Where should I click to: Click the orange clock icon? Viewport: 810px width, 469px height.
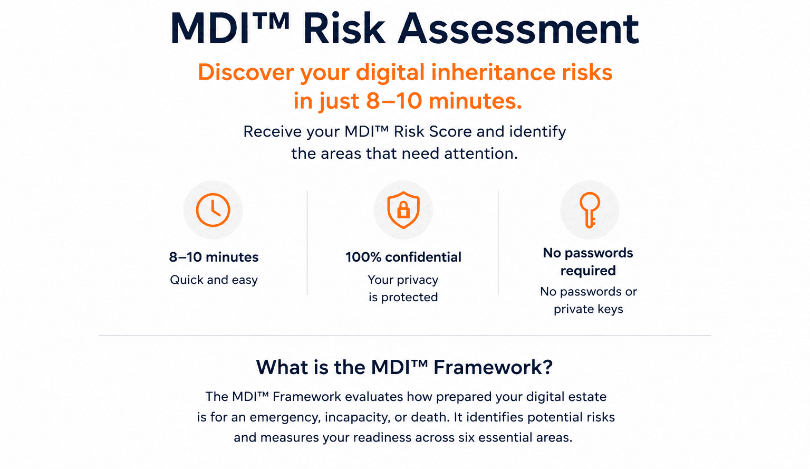point(213,210)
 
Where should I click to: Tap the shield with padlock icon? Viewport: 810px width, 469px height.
point(403,210)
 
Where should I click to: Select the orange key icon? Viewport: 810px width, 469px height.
point(590,210)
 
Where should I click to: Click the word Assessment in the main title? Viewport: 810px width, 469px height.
point(518,29)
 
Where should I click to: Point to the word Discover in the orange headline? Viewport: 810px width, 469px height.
point(246,72)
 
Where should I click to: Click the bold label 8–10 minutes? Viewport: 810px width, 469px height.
point(214,257)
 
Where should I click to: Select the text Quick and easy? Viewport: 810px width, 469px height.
point(214,280)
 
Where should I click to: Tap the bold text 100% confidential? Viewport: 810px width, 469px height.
point(403,257)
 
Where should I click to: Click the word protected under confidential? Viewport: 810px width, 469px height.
point(409,298)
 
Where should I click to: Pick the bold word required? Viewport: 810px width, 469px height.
point(588,271)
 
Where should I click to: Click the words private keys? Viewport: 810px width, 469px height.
point(589,309)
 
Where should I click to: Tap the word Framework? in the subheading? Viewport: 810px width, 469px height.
point(493,367)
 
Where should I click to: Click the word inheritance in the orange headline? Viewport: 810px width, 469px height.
point(493,72)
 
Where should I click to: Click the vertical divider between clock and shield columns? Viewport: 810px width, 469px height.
point(307,243)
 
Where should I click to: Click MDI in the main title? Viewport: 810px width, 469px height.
point(209,29)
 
